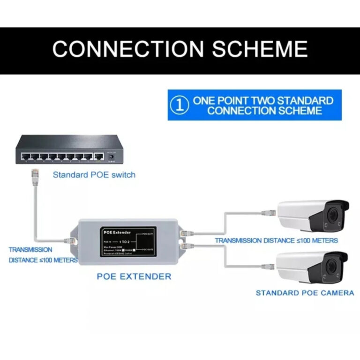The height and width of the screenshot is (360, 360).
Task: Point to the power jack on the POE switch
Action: pyautogui.click(x=112, y=157)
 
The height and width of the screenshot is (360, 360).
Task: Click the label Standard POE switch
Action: pyautogui.click(x=94, y=175)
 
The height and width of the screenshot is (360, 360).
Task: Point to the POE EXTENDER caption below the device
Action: pyautogui.click(x=134, y=276)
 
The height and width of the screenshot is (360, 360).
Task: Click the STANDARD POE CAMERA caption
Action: pyautogui.click(x=305, y=293)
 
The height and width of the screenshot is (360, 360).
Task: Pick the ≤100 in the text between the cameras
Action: pyautogui.click(x=290, y=240)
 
